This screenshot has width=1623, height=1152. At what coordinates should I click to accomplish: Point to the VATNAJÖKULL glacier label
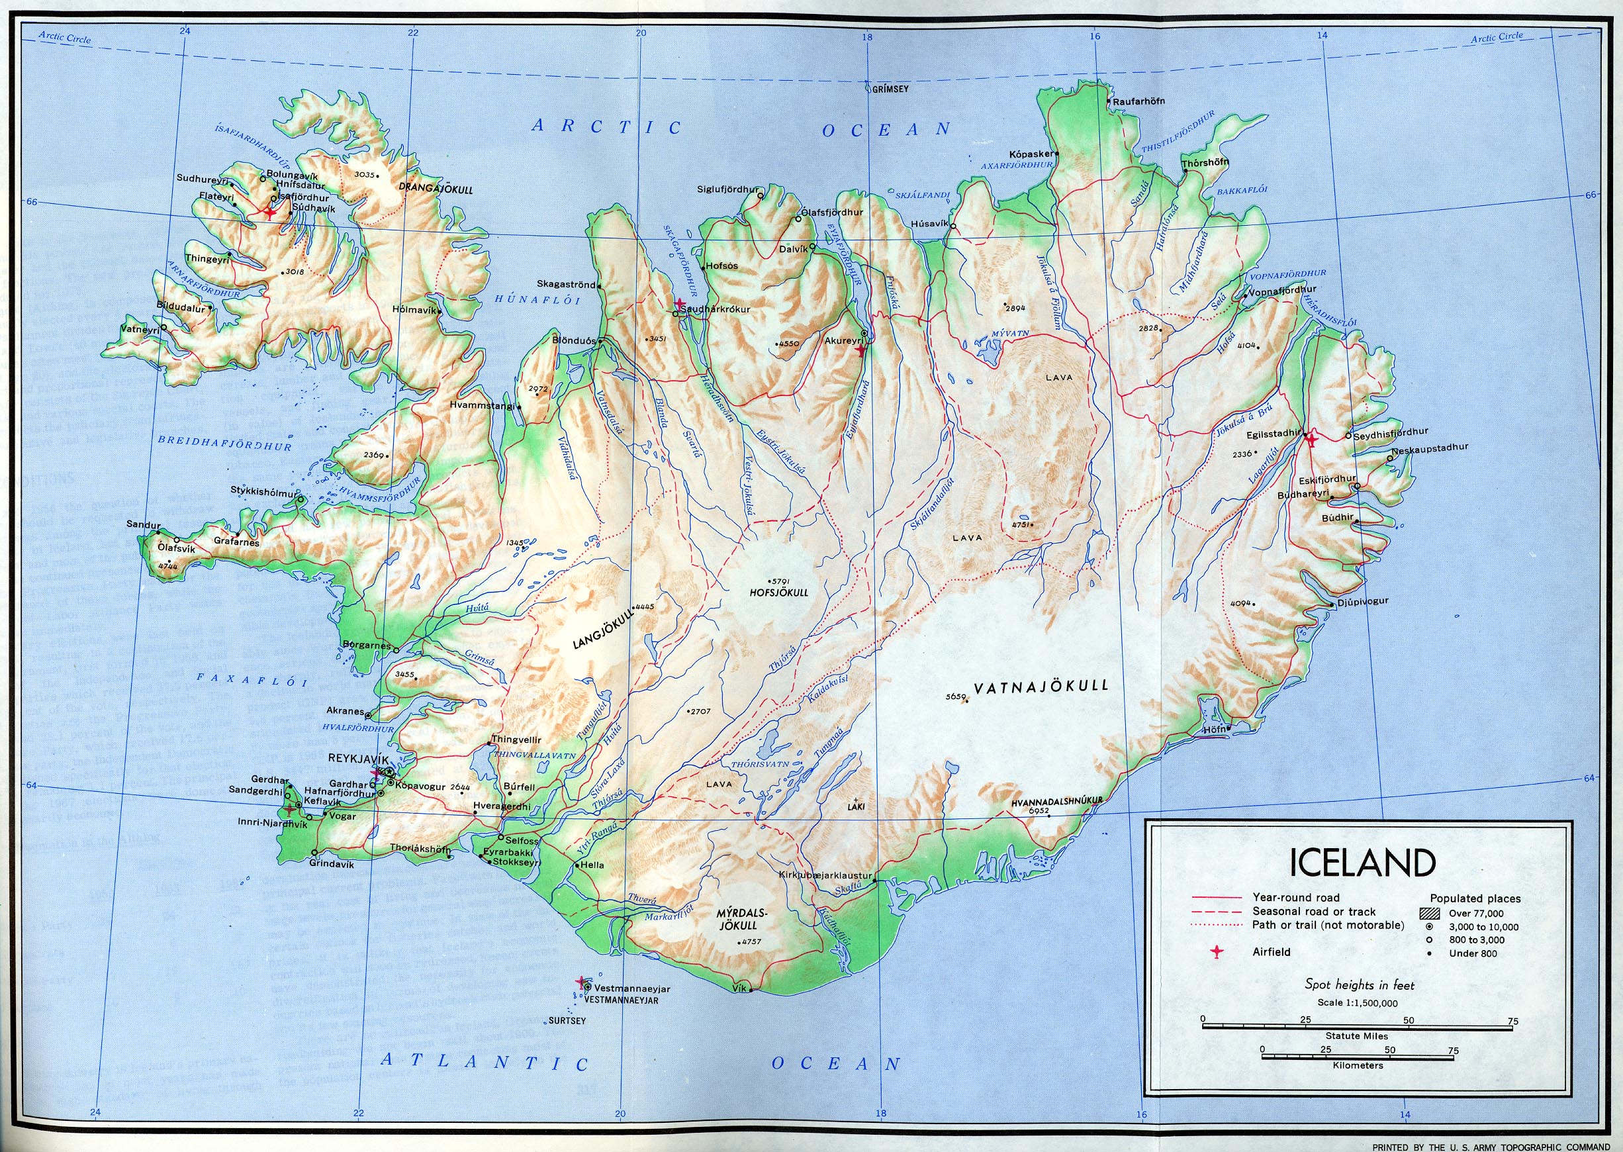tap(1040, 687)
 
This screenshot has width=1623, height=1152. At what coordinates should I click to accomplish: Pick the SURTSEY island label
tap(567, 1021)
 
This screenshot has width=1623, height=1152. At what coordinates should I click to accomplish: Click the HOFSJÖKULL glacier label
tap(778, 593)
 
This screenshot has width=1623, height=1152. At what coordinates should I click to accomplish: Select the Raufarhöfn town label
tap(1138, 101)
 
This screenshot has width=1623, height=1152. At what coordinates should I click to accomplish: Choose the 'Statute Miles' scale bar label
tap(1356, 1035)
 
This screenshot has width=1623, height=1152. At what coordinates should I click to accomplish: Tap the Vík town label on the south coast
tap(739, 989)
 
